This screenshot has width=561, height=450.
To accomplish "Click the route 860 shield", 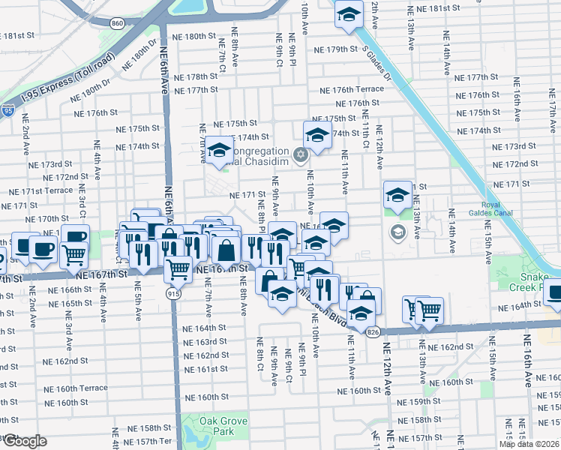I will point(116,23).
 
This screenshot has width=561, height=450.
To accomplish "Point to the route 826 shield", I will point(372,331).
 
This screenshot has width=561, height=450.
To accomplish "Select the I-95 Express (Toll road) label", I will point(65,71).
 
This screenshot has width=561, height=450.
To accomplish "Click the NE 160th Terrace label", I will point(76,388).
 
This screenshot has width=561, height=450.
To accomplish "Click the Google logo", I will point(25,441).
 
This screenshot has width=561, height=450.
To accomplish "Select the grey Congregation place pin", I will point(301,156).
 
